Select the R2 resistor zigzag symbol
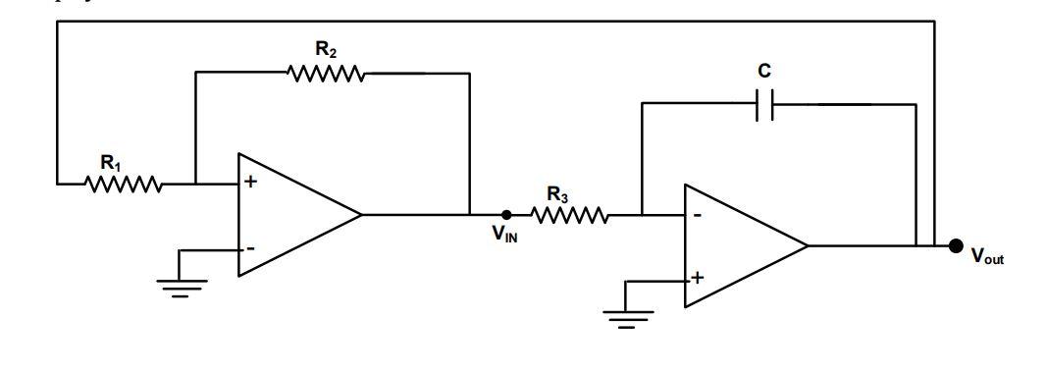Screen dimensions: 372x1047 326,73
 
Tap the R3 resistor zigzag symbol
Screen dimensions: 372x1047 570,214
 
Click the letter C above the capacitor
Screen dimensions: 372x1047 765,72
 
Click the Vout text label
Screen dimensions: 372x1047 986,257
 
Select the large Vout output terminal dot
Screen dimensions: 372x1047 957,245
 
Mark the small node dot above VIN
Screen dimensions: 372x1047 506,214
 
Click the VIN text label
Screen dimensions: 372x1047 504,236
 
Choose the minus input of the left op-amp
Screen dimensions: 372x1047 249,248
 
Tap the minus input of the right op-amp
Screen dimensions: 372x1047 696,215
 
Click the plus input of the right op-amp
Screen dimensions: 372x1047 697,279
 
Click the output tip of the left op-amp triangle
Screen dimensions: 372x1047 362,215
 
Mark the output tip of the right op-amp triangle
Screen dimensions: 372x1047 809,246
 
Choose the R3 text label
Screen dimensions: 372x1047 557,194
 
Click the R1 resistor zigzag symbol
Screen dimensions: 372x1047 124,184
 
